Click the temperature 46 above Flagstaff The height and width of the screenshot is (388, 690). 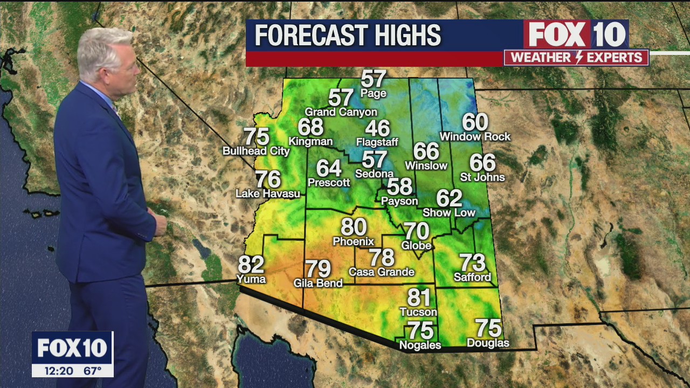click(x=377, y=129)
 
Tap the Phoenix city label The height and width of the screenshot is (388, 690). click(x=353, y=241)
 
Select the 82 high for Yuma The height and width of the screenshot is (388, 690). click(x=251, y=265)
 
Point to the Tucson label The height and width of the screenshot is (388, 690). click(x=418, y=312)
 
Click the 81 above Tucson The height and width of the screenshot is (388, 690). click(x=419, y=297)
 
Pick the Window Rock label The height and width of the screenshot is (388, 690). click(x=475, y=137)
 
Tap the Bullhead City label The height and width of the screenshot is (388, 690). click(x=256, y=151)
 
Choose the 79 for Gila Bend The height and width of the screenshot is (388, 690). click(x=318, y=268)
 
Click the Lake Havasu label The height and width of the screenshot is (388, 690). click(x=268, y=193)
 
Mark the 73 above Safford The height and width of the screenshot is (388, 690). click(x=472, y=263)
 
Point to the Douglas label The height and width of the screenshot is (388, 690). click(x=488, y=343)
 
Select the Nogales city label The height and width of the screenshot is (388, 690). click(x=420, y=345)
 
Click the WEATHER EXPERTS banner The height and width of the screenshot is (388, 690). click(x=576, y=58)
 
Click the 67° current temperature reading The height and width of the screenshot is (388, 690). click(x=92, y=371)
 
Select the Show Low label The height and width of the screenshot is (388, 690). click(x=449, y=212)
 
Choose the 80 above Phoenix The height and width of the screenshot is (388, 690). click(x=354, y=227)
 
